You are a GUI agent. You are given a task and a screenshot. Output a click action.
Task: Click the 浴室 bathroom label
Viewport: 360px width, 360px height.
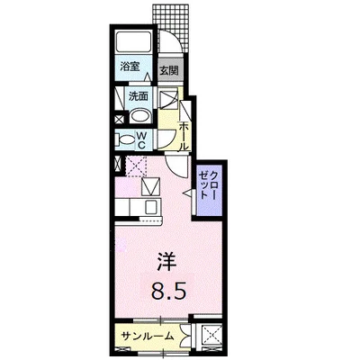(x=130, y=67)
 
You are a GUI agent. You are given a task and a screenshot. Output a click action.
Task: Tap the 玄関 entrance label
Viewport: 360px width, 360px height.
(x=168, y=70)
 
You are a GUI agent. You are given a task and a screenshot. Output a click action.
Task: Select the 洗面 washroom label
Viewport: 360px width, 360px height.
(x=139, y=96)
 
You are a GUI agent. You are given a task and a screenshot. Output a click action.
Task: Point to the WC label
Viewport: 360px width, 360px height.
(x=141, y=140)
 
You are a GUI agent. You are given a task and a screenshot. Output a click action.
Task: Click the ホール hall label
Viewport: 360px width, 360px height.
(x=184, y=137)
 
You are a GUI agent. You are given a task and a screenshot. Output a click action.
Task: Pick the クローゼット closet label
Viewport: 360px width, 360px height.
(x=209, y=185)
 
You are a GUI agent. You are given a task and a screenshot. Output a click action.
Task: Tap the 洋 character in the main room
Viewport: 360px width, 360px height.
(x=166, y=262)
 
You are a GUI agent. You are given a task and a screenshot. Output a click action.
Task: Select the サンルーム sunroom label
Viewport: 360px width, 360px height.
(x=148, y=336)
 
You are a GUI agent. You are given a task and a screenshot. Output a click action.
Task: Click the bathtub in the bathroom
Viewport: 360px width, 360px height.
(x=133, y=42)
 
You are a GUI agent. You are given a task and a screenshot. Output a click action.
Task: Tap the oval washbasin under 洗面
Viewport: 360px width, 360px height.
(x=140, y=115)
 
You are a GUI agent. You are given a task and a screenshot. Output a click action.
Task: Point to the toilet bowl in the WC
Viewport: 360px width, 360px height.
(x=127, y=139)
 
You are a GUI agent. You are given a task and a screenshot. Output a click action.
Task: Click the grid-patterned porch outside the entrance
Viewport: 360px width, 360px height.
(x=172, y=28)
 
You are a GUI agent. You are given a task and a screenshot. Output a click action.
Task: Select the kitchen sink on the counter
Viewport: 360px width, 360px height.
(x=152, y=206)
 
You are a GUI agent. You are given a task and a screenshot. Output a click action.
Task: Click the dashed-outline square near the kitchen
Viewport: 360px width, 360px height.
(x=136, y=166)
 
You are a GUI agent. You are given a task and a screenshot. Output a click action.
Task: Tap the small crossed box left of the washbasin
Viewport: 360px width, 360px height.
(x=119, y=119)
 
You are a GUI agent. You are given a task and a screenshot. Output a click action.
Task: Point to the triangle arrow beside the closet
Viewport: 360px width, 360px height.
(x=187, y=193)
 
